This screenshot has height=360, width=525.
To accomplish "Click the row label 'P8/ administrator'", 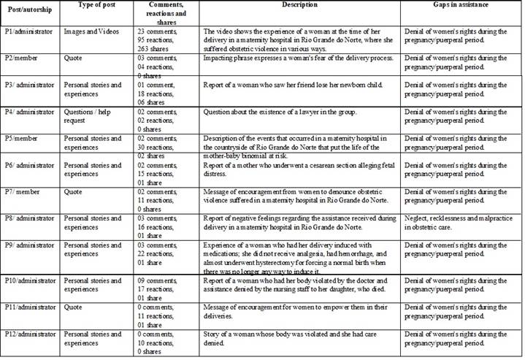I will [x=31, y=218].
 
